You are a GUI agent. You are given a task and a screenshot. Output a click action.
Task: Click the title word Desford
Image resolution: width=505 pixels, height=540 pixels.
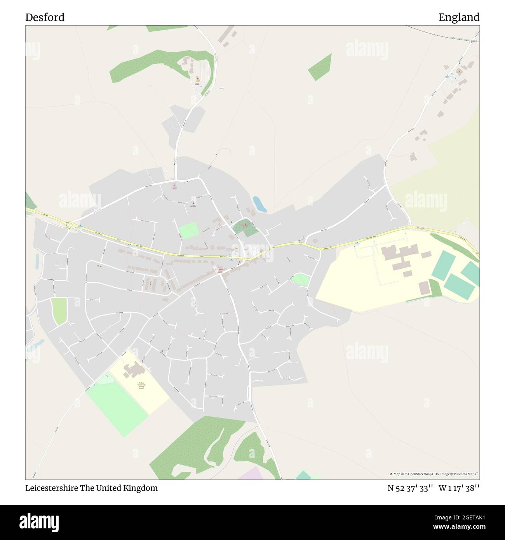pos(45,17)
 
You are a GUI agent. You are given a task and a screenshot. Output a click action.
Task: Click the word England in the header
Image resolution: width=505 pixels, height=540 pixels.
pos(459,17)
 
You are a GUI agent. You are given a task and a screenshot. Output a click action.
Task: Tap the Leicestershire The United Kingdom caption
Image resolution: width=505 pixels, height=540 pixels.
pos(91,488)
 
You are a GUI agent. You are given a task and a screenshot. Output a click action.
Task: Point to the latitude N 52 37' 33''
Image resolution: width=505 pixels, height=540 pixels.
pos(410,488)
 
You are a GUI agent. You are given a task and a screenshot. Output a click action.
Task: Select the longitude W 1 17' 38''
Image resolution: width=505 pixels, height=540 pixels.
pos(459,488)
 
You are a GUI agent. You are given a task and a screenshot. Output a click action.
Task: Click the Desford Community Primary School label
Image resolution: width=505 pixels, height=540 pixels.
pos(141,385)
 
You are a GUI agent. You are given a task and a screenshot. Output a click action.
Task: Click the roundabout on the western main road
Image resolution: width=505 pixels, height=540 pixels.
pos(70,225)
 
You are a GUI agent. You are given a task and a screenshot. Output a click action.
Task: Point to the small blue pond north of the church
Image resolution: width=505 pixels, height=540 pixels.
pos(259,204)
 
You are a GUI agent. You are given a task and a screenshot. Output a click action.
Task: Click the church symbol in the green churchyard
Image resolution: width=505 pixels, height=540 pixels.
pos(246,224)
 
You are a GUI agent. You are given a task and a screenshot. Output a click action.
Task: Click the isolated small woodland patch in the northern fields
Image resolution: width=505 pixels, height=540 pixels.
pos(320,67)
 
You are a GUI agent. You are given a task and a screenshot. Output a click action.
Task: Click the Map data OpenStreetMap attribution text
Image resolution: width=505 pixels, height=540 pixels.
pos(434,474)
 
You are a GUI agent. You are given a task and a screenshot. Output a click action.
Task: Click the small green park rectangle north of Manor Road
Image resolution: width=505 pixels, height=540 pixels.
pos(188,230)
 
